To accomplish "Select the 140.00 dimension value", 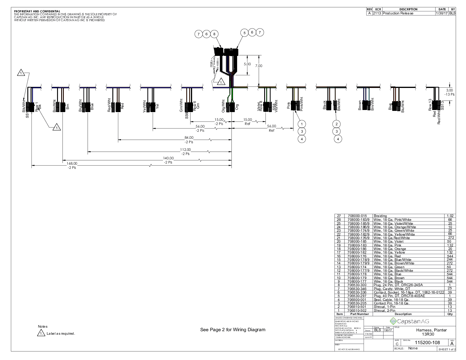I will coord(168,158).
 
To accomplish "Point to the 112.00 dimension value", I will coord(185,150).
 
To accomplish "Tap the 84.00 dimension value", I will coord(189,138).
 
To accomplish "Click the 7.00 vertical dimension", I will coord(259,66).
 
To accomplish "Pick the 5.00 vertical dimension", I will coord(247,64).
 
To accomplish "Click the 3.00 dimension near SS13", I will coord(450,90).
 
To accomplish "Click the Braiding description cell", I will coord(380,216).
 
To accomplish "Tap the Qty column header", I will coord(450,314).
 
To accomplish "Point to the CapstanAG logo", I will coord(409,321).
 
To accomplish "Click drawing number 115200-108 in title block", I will coord(427,343).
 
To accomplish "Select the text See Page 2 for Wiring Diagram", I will coord(233,330).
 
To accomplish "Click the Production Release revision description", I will coord(398,13).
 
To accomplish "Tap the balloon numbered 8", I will coord(214,34).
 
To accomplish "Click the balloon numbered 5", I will coord(244,33).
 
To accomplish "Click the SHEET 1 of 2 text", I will coord(447,349).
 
